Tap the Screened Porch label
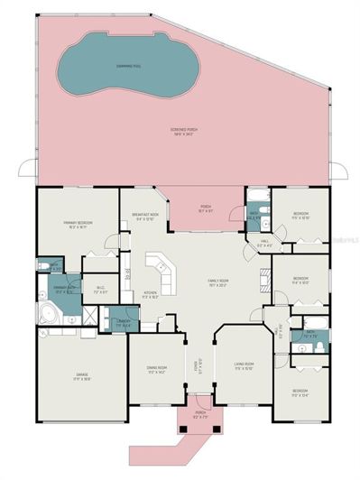click(185, 133)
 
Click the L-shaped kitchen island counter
click(162, 267)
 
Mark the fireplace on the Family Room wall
click(264, 275)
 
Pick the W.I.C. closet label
click(101, 289)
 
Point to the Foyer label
click(198, 364)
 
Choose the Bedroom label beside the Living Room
click(299, 391)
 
